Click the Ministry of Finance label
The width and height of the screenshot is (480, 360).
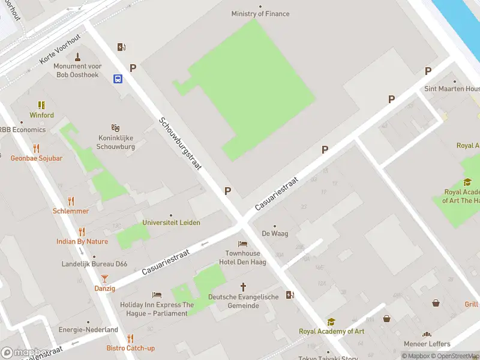point(260,14)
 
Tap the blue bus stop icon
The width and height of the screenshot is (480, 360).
point(118,79)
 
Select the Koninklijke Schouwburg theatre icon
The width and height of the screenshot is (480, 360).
point(115,128)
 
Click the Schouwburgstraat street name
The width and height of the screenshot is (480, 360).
point(180,143)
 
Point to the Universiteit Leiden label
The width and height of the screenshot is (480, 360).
point(171,223)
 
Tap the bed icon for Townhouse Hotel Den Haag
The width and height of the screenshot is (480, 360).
point(242,244)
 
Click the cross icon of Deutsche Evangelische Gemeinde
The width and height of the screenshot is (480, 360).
point(243,287)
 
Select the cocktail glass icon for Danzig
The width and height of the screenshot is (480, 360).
point(104,278)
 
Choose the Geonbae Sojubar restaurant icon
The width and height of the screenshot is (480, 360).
point(36,148)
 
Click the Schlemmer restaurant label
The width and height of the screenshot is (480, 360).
point(71,211)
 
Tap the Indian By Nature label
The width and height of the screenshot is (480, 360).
point(82,242)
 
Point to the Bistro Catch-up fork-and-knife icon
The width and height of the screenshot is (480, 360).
point(130,338)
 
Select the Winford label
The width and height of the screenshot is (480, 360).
point(42,115)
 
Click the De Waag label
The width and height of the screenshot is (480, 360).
point(274,234)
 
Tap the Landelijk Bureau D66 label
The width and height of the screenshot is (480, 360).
point(94,264)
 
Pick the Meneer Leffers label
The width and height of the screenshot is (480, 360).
point(427,344)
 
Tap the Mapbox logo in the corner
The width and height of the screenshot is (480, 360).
point(25,353)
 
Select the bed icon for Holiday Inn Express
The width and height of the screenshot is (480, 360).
point(157,295)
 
